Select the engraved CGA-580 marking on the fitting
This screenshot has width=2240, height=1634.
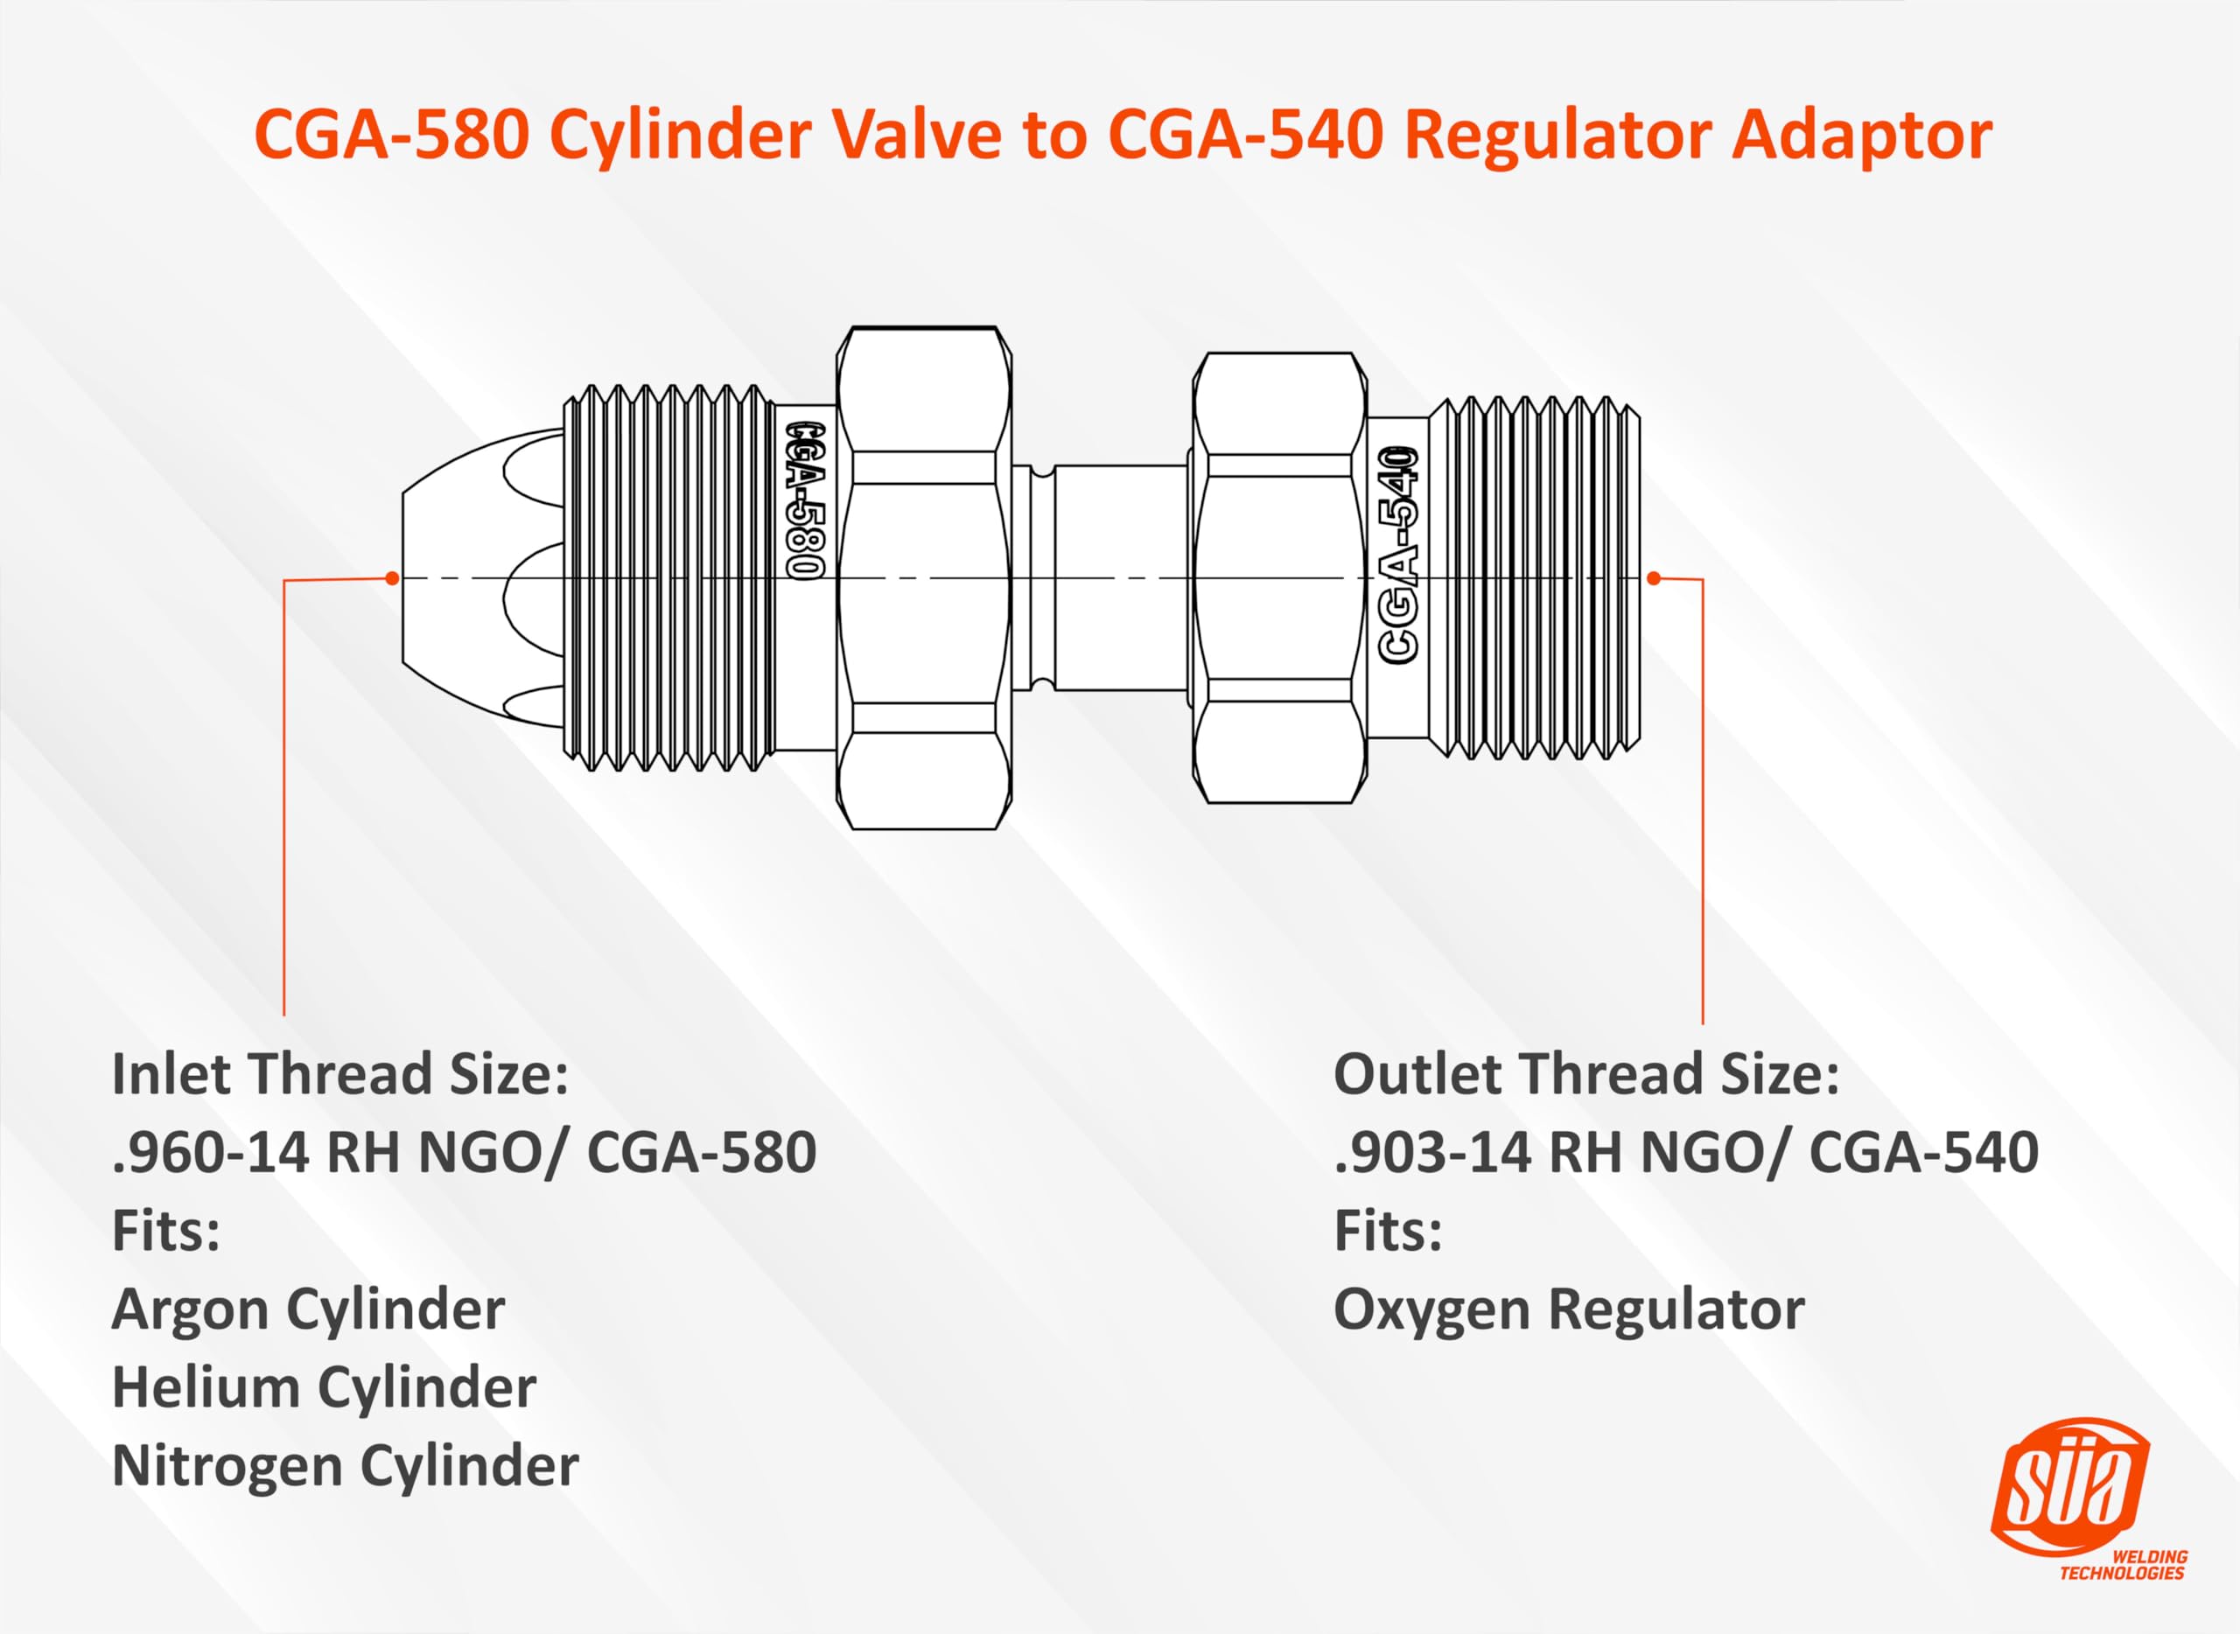click(x=805, y=500)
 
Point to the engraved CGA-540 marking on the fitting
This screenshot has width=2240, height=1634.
click(x=1400, y=554)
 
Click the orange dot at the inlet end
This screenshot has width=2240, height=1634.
click(x=393, y=577)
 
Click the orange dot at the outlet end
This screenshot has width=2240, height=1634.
click(x=1653, y=577)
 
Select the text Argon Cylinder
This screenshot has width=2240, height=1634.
click(x=308, y=1309)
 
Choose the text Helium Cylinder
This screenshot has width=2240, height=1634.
click(x=324, y=1387)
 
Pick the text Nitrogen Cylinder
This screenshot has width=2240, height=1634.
click(x=344, y=1466)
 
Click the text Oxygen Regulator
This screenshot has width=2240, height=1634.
click(x=1568, y=1309)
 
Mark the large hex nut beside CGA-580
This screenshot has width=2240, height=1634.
click(x=924, y=577)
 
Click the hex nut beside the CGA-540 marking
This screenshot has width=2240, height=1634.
click(x=1279, y=577)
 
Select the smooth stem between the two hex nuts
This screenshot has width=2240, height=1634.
click(x=1118, y=577)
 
